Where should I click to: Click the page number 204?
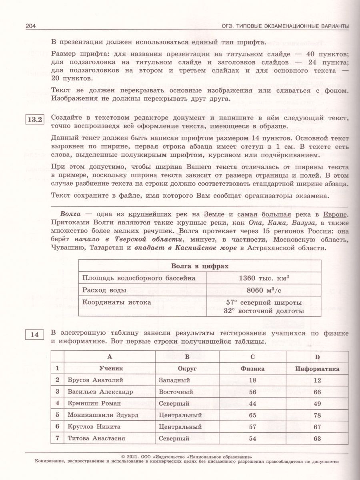31,26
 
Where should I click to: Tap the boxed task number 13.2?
34,120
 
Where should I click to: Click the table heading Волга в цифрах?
200,266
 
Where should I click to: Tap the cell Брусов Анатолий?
95,380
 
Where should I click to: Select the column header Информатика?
317,369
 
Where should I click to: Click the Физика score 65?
252,415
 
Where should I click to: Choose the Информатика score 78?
318,415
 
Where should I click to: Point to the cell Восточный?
176,392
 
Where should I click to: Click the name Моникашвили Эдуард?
103,415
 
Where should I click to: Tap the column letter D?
317,357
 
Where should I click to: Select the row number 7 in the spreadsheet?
58,438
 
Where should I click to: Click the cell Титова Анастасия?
96,438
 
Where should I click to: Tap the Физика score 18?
252,380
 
